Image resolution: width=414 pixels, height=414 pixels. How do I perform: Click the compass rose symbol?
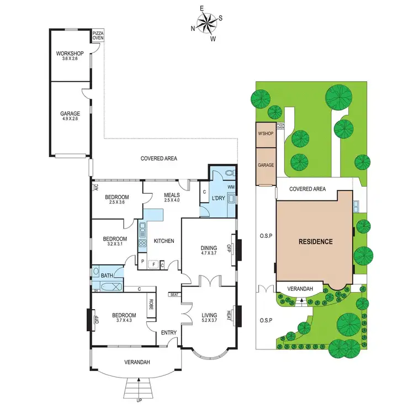pos(207,24)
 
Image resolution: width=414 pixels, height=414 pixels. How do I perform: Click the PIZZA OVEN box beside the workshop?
pos(98,36)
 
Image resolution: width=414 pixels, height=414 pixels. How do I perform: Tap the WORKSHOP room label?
pos(69,56)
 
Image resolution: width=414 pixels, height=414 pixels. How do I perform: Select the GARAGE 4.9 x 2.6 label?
pos(70,116)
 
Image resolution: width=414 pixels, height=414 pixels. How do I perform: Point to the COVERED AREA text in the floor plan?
pos(159,158)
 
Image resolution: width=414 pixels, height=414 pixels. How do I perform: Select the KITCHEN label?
pos(164,241)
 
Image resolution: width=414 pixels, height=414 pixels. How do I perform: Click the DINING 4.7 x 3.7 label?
pos(209,251)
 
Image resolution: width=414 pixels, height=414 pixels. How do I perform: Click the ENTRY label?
pos(168,332)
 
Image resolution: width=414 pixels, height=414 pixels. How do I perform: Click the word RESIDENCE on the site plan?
pos(316,241)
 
